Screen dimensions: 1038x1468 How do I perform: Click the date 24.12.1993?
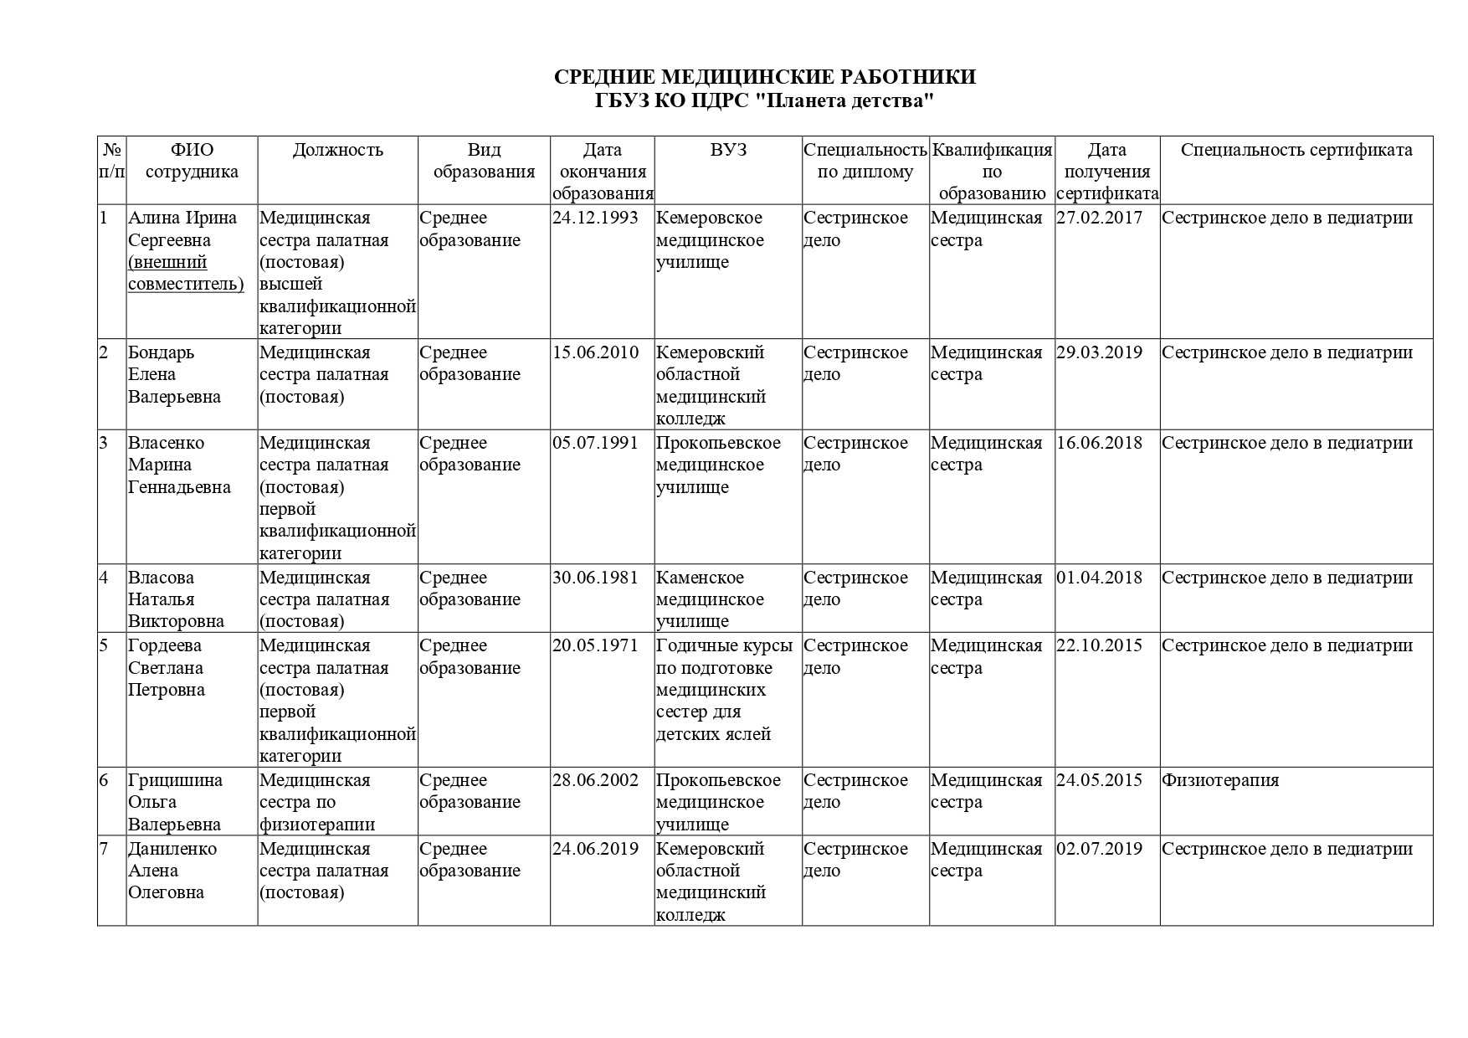coord(595,218)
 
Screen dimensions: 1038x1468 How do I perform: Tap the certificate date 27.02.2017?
coord(1099,218)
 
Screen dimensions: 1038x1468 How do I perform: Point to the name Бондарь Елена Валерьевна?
coord(174,374)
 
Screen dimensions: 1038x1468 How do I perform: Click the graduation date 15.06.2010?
coord(595,352)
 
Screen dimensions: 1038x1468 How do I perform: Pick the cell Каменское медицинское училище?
coord(710,599)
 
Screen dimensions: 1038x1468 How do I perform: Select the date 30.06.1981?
coord(595,578)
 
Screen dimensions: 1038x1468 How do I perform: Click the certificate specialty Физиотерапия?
coord(1220,780)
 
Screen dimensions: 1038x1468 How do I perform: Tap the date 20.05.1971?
coord(595,645)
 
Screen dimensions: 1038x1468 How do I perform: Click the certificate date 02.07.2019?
coord(1099,849)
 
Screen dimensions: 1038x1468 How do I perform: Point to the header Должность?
coord(337,150)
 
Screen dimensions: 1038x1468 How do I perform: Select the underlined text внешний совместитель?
coord(185,274)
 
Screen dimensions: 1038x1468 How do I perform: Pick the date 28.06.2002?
coord(595,780)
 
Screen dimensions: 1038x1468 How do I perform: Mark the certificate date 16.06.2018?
coord(1099,443)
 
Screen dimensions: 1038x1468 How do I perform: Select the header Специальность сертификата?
coord(1296,150)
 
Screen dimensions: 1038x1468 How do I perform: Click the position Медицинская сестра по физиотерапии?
coord(317,802)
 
